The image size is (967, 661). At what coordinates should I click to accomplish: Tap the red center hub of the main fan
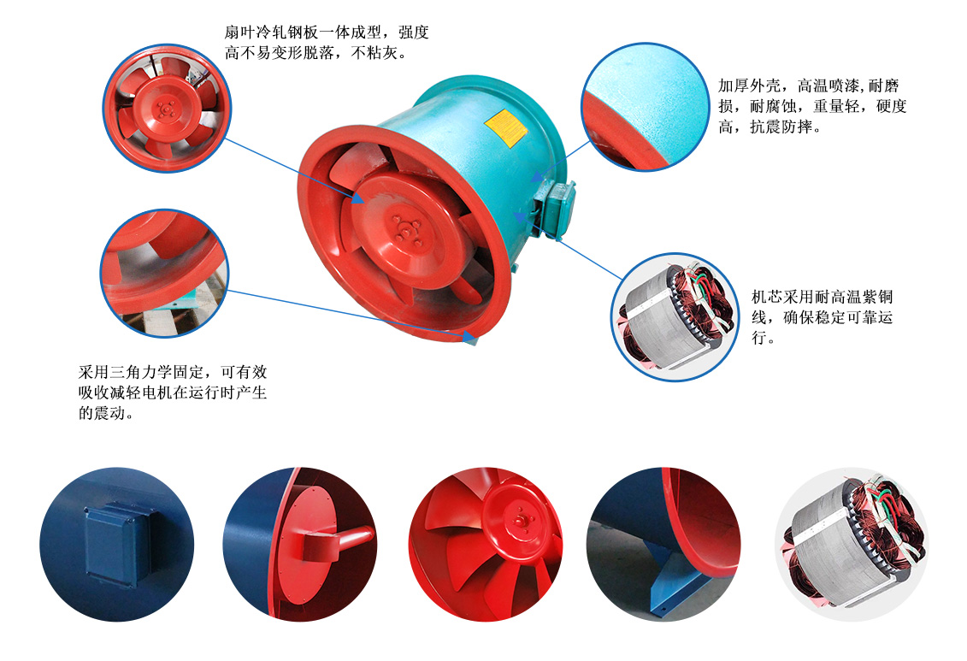[x=401, y=225]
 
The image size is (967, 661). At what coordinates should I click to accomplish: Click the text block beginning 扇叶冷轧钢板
[x=326, y=43]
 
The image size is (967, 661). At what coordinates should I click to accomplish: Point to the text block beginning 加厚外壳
[x=811, y=107]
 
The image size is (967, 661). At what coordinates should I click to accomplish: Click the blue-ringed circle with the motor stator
[x=675, y=316]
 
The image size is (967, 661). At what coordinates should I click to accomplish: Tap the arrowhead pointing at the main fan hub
[x=360, y=199]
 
